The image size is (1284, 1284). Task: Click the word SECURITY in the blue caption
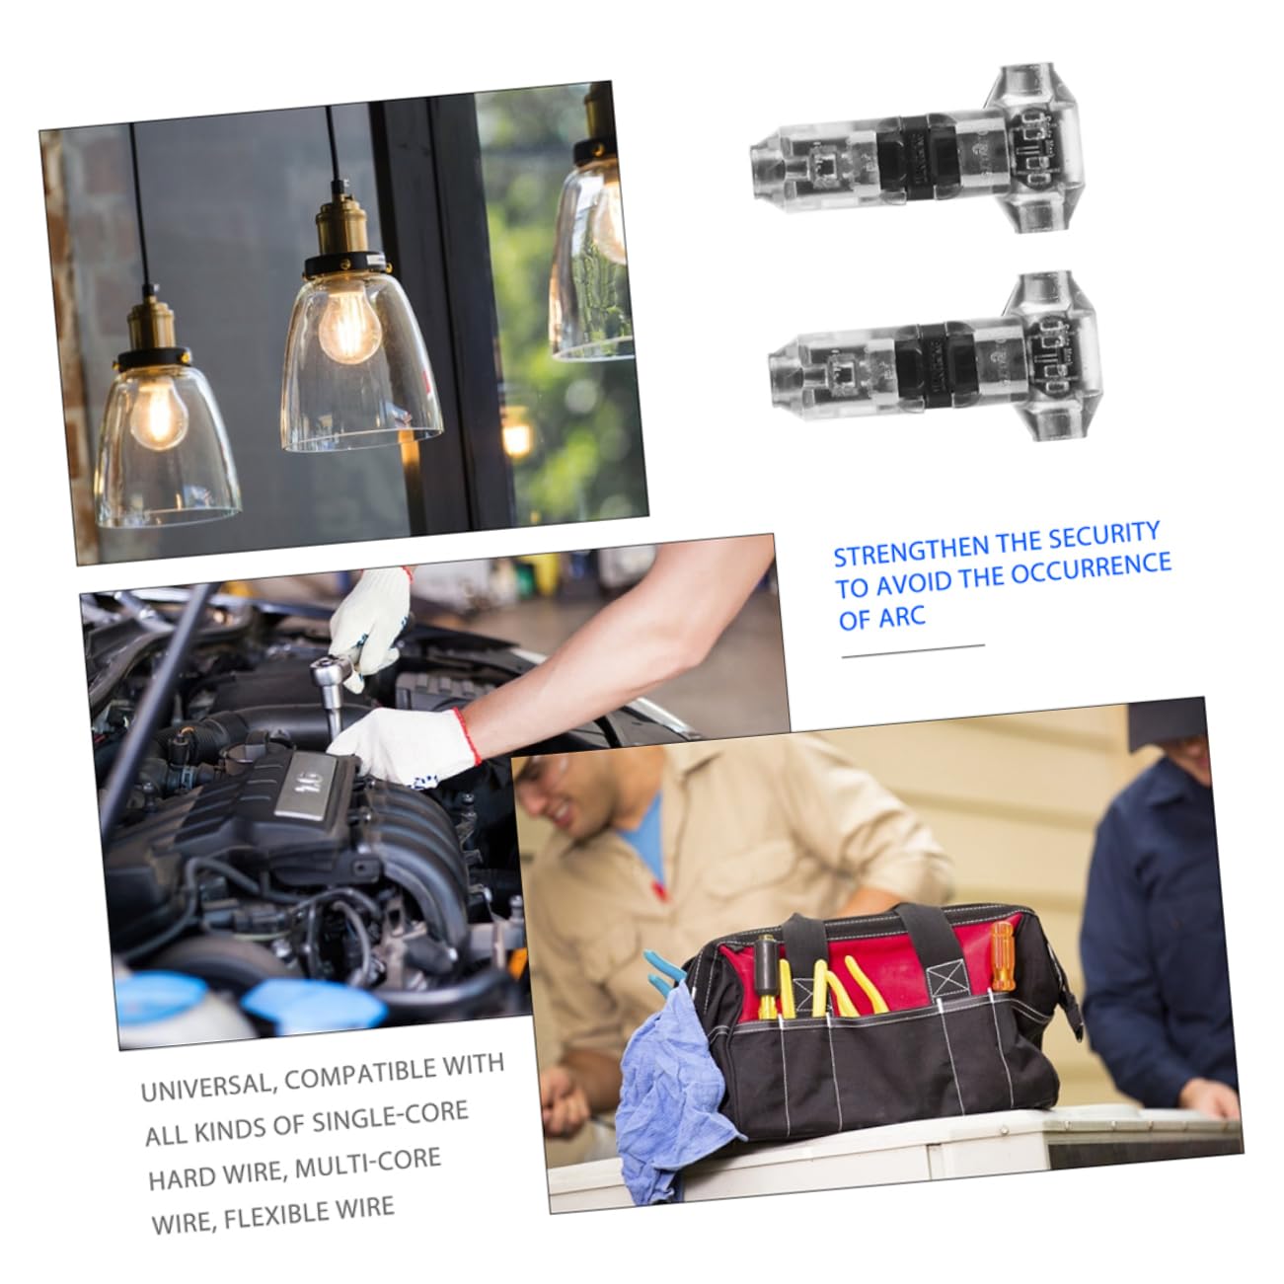point(1102,537)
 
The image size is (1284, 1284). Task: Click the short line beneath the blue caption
point(913,648)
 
